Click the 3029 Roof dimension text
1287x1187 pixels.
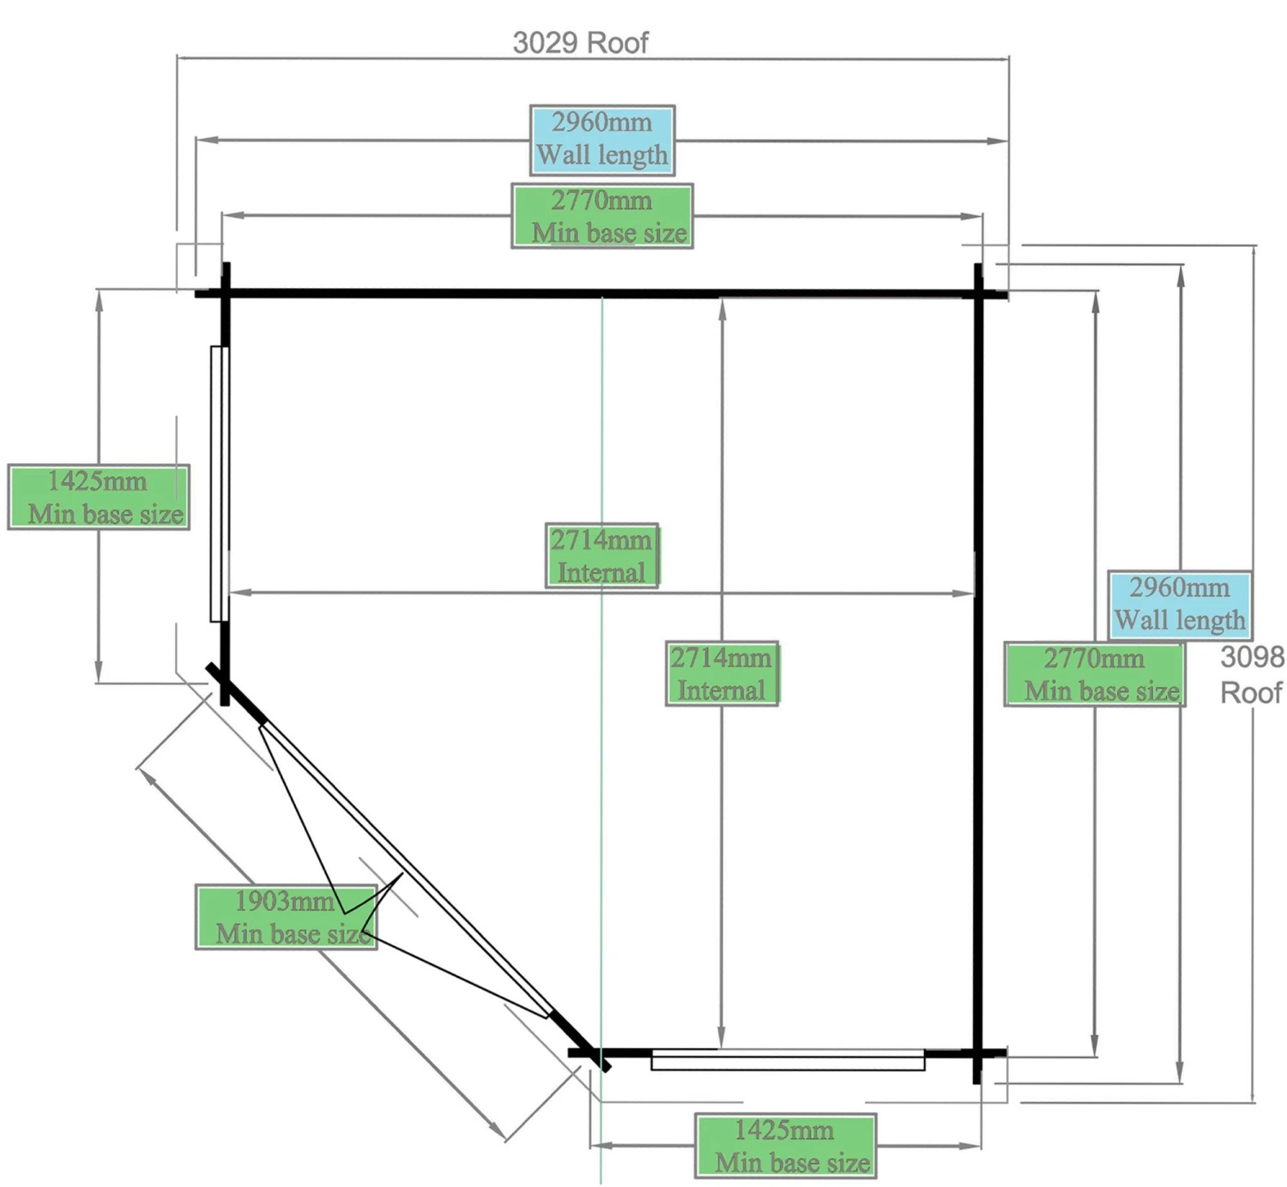click(580, 43)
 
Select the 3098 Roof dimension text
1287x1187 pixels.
click(1252, 674)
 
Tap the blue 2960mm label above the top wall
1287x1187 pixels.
click(601, 140)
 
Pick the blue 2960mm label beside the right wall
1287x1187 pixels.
click(1179, 605)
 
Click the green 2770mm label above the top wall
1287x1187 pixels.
click(601, 216)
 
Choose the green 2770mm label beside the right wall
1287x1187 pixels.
click(1095, 674)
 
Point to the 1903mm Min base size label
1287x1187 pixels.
click(287, 917)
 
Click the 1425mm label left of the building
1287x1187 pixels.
click(99, 497)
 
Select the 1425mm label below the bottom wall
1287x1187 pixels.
click(785, 1146)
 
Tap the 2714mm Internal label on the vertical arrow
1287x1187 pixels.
click(722, 673)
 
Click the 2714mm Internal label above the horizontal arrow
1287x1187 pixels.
click(601, 555)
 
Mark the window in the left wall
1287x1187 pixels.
click(219, 484)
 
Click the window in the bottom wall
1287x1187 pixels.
click(788, 1061)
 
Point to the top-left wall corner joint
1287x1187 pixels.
click(226, 293)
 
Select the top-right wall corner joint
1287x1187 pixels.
click(978, 293)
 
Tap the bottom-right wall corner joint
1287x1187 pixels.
click(977, 1053)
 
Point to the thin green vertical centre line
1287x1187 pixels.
click(601, 412)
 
